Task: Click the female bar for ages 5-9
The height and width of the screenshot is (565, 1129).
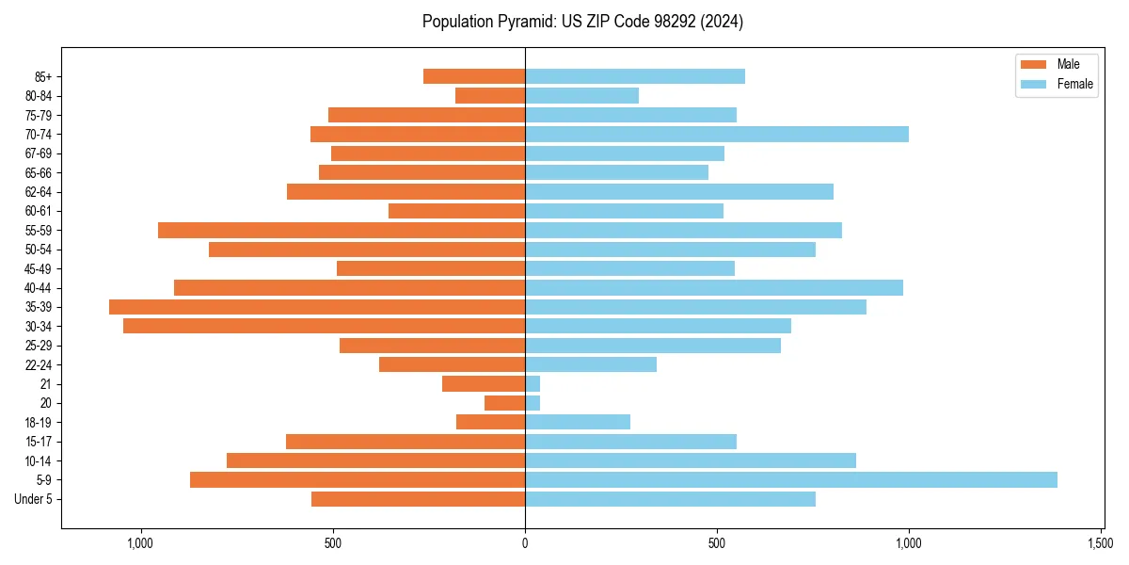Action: click(x=790, y=480)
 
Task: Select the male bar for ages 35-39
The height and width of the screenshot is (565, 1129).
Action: click(x=317, y=307)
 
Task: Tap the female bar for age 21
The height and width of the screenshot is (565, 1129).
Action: click(x=533, y=384)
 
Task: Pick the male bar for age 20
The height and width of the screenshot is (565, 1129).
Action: click(x=504, y=403)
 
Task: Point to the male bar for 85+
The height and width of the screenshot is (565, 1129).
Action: click(x=474, y=76)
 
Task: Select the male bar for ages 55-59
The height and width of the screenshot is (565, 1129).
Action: click(x=342, y=231)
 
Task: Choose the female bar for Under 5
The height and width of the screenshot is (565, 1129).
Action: click(x=670, y=499)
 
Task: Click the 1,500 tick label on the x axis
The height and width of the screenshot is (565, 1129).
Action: click(x=1101, y=543)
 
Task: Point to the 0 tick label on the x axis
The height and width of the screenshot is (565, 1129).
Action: click(x=525, y=543)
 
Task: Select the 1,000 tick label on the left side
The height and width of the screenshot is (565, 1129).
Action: click(x=140, y=543)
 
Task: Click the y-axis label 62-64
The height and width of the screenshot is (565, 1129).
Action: click(x=39, y=192)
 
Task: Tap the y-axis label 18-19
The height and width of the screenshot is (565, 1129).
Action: click(x=39, y=423)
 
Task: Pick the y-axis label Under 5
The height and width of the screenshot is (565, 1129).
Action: click(x=34, y=499)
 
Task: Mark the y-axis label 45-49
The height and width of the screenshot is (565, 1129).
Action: click(x=39, y=269)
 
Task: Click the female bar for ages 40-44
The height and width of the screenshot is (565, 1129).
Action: click(x=714, y=288)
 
